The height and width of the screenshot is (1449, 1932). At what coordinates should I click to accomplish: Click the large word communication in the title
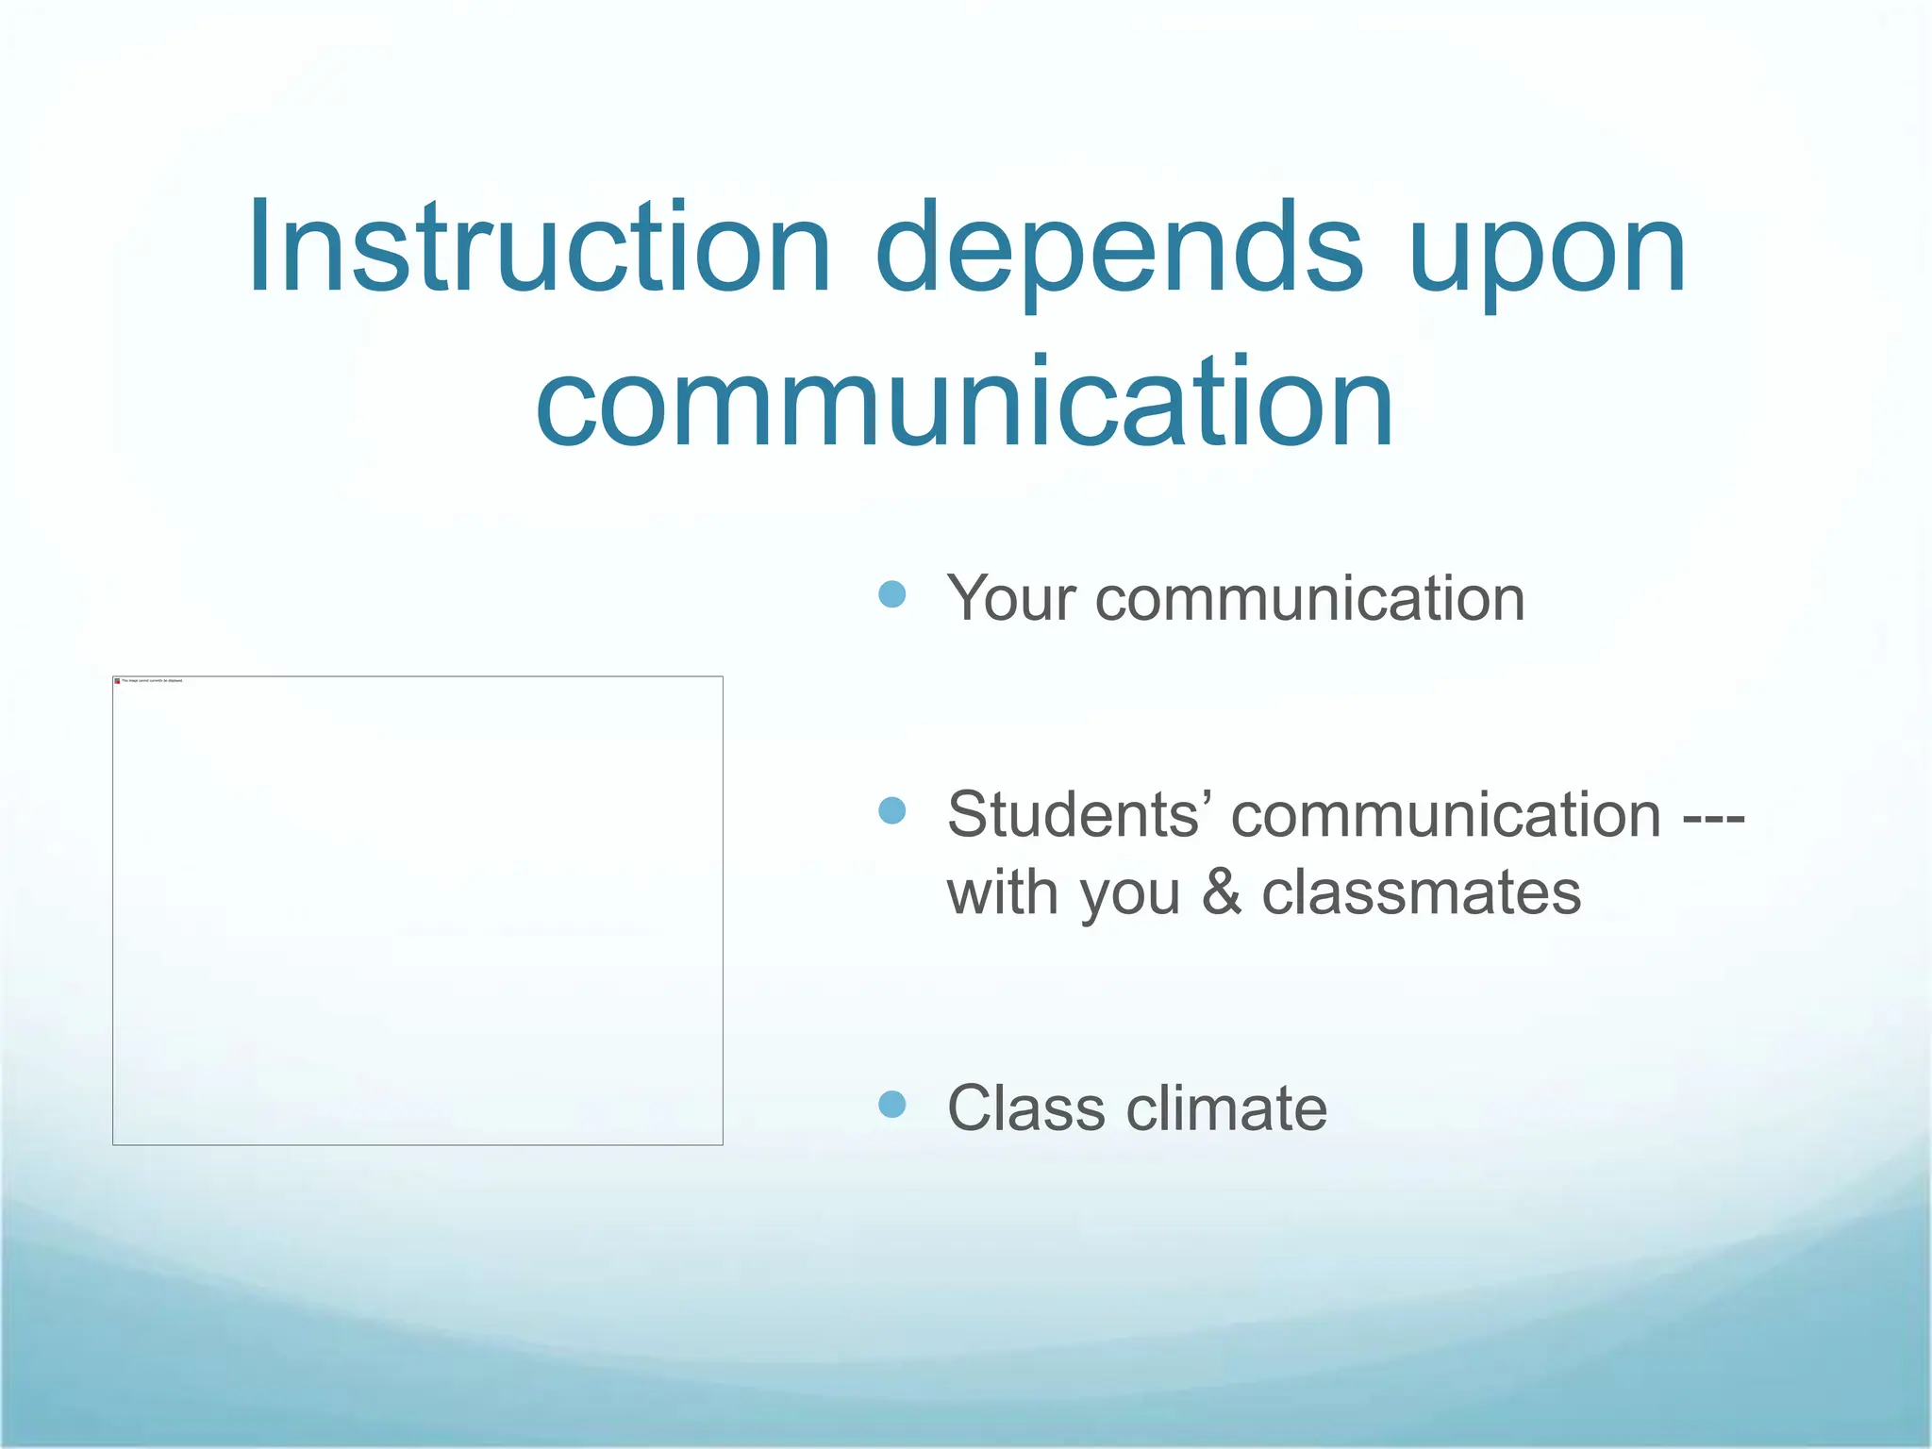pyautogui.click(x=964, y=403)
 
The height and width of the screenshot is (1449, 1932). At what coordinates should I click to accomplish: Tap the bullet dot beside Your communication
pyautogui.click(x=891, y=594)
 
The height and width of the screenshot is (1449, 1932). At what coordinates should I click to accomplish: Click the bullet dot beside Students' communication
pyautogui.click(x=891, y=810)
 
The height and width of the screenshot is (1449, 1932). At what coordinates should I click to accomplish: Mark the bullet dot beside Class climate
pyautogui.click(x=891, y=1104)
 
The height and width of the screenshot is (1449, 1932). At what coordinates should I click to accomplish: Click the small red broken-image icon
pyautogui.click(x=117, y=680)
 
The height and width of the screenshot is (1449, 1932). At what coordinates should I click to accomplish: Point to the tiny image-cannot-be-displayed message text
pyautogui.click(x=152, y=680)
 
